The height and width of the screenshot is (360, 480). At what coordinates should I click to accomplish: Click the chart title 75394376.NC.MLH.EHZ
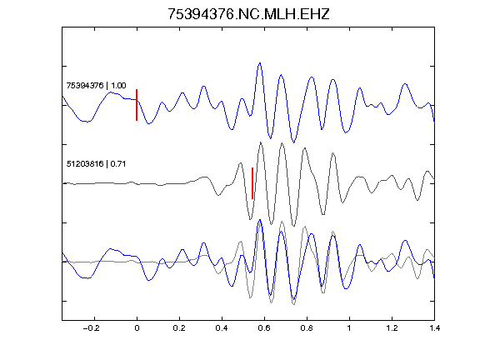pyautogui.click(x=248, y=14)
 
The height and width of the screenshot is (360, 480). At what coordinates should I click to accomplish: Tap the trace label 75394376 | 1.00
pyautogui.click(x=96, y=85)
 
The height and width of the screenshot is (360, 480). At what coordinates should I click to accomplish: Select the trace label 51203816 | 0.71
pyautogui.click(x=96, y=164)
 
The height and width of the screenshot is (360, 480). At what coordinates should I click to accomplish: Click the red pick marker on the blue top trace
pyautogui.click(x=137, y=105)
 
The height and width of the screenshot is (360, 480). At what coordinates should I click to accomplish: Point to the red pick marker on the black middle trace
pyautogui.click(x=252, y=183)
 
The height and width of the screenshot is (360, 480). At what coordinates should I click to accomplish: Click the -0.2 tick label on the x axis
pyautogui.click(x=92, y=328)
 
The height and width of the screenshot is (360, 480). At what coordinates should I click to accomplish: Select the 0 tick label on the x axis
pyautogui.click(x=137, y=328)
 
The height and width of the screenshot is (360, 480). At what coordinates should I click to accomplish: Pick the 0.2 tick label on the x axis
pyautogui.click(x=179, y=328)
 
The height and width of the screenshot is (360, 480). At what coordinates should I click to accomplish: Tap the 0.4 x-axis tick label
pyautogui.click(x=222, y=328)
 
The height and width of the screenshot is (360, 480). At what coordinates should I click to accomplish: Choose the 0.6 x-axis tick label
pyautogui.click(x=264, y=328)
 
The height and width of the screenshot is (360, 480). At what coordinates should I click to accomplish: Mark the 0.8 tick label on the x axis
pyautogui.click(x=307, y=328)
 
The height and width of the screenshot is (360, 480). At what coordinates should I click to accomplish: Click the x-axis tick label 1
pyautogui.click(x=349, y=328)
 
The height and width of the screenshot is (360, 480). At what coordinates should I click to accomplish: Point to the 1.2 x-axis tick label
pyautogui.click(x=392, y=328)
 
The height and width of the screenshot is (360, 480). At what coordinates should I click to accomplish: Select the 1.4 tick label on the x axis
pyautogui.click(x=434, y=328)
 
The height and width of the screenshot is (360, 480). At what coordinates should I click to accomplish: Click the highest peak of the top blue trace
pyautogui.click(x=260, y=63)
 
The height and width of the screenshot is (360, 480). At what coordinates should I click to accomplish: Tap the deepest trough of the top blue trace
pyautogui.click(x=294, y=142)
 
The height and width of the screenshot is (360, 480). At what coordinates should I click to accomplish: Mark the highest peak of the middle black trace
pyautogui.click(x=261, y=142)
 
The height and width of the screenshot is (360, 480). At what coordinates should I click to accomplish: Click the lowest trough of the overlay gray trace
pyautogui.click(x=293, y=304)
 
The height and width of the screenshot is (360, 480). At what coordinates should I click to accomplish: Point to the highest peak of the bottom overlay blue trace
pyautogui.click(x=260, y=220)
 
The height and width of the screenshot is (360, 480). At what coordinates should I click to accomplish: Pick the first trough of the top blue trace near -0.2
pyautogui.click(x=87, y=122)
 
